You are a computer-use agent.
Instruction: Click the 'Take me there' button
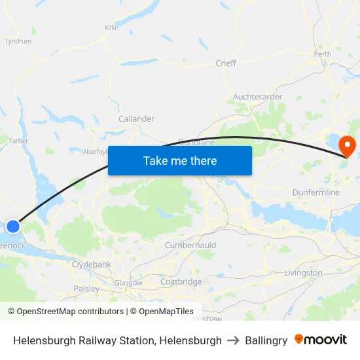(x=180, y=160)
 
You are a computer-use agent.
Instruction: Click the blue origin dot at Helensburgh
(x=13, y=226)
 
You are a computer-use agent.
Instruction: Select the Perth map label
(x=323, y=54)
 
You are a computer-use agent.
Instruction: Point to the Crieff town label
(x=226, y=63)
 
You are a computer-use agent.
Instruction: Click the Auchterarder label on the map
(x=258, y=97)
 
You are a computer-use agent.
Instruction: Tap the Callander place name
(x=136, y=119)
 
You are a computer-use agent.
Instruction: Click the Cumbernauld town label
(x=190, y=245)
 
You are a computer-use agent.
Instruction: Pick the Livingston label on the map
(x=303, y=272)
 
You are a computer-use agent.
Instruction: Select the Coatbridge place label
(x=181, y=282)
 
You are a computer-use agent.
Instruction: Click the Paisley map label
(x=86, y=289)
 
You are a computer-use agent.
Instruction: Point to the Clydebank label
(x=92, y=264)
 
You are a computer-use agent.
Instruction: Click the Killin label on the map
(x=111, y=28)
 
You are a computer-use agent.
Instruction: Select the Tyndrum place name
(x=18, y=41)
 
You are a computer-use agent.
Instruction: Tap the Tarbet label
(x=17, y=140)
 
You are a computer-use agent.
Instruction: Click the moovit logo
(x=321, y=340)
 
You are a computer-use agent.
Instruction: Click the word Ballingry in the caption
(x=266, y=340)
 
